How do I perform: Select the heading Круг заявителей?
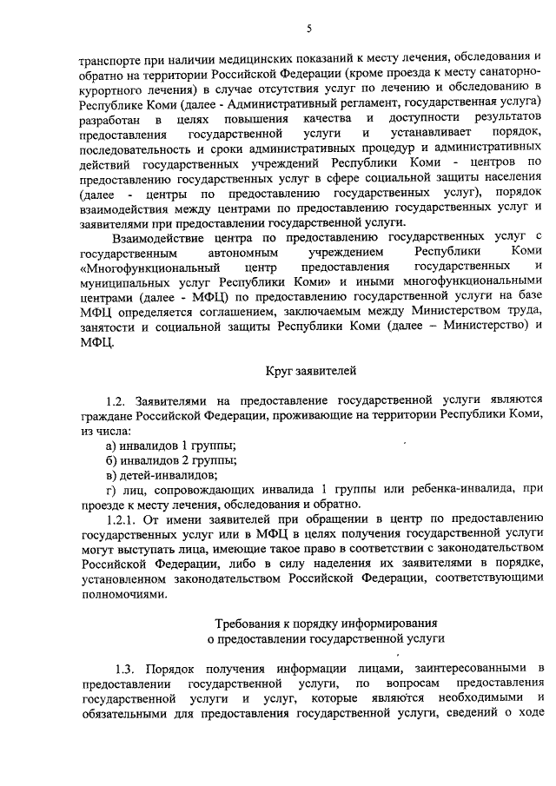coord(308,373)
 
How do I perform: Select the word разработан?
coord(109,117)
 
